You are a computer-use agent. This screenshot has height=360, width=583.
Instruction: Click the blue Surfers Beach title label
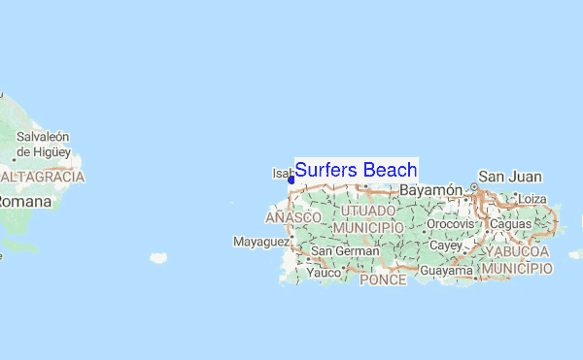point(356,171)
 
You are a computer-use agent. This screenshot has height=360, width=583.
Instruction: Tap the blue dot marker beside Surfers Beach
point(291,180)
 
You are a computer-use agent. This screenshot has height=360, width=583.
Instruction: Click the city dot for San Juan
point(474,186)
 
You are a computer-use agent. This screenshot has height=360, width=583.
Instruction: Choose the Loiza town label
point(533,199)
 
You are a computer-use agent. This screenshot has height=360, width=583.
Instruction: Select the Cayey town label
point(445,246)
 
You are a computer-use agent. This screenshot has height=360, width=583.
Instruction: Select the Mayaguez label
point(262,241)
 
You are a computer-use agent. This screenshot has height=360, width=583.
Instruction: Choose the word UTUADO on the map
point(366,211)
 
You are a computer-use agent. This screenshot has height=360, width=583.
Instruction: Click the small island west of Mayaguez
point(157,257)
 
